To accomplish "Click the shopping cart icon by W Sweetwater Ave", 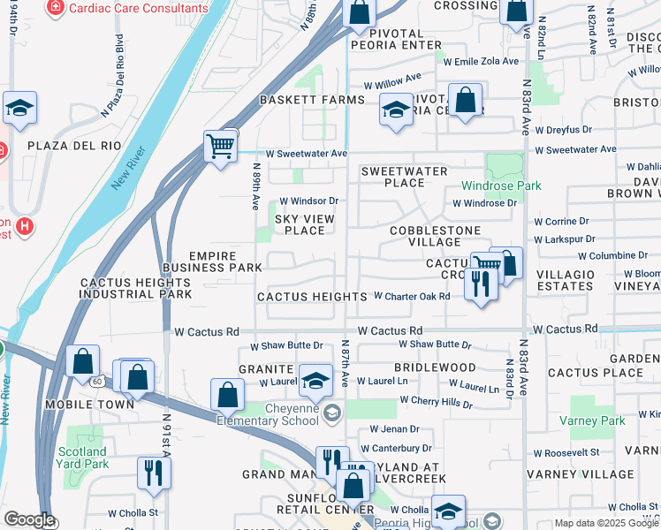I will tap(220, 146).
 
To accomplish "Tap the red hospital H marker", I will tap(25, 226).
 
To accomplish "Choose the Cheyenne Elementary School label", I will tap(281, 413).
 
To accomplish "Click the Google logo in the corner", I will tap(29, 519).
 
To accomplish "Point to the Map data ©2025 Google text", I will tap(606, 523).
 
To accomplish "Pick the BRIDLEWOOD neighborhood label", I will tap(434, 366).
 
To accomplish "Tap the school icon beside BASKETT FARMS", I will tap(396, 110).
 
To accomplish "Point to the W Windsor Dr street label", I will tap(309, 201).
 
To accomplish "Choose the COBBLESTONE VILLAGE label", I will tap(436, 237).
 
